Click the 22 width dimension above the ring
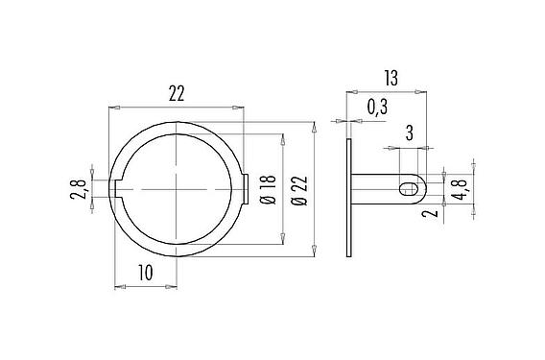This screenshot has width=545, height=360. pos(177,93)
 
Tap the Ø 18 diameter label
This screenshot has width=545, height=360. pos(268,191)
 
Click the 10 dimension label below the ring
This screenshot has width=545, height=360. pos(145,273)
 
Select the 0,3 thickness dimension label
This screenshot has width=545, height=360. pos(377,108)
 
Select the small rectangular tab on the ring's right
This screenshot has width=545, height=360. pos(247,190)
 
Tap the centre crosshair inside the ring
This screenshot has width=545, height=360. pos(178,190)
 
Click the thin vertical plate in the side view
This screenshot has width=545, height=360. pos(348,199)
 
